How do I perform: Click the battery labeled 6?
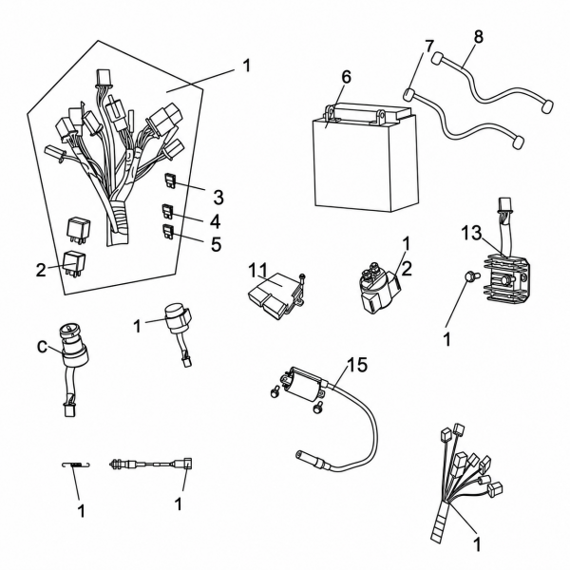365,157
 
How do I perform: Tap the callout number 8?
479,37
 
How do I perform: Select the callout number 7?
429,47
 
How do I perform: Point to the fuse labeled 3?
170,180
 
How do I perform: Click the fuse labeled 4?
167,211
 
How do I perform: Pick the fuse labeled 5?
168,232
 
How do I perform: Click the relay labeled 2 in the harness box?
74,264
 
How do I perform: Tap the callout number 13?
471,233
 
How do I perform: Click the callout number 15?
357,365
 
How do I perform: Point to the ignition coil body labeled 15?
304,385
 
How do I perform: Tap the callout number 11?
257,271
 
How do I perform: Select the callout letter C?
43,347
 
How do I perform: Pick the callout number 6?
346,77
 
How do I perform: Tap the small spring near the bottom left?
76,465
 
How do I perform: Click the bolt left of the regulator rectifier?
470,277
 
